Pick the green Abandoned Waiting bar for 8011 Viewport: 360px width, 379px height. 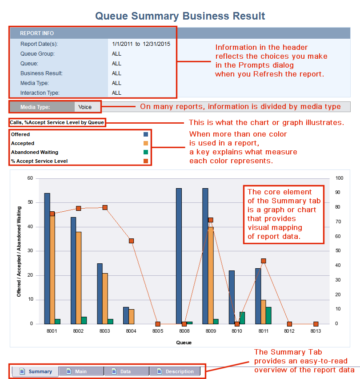point(268,315)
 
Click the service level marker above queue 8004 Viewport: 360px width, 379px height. point(132,241)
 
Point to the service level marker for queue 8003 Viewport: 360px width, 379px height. point(105,207)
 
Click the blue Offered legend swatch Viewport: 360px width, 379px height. point(146,134)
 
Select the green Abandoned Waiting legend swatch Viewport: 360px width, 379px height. point(146,152)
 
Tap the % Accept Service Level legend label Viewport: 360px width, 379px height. point(39,161)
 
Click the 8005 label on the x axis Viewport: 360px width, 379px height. point(158,331)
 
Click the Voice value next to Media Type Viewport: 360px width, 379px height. point(85,107)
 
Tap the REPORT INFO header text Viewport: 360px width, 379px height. point(37,33)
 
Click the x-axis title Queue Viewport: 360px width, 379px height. point(184,343)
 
